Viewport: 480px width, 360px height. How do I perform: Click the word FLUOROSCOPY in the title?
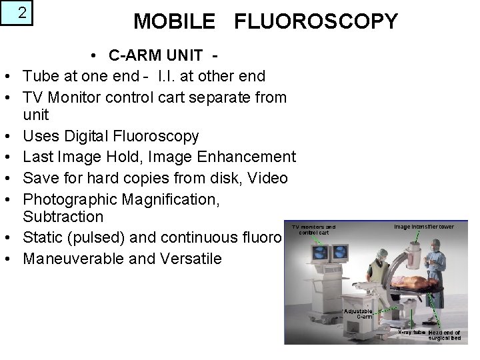tap(315, 22)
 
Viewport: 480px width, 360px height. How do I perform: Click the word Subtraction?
tap(63, 217)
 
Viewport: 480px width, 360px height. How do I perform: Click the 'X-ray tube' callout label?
tap(411, 331)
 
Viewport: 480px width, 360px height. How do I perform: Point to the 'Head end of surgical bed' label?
tap(445, 335)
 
